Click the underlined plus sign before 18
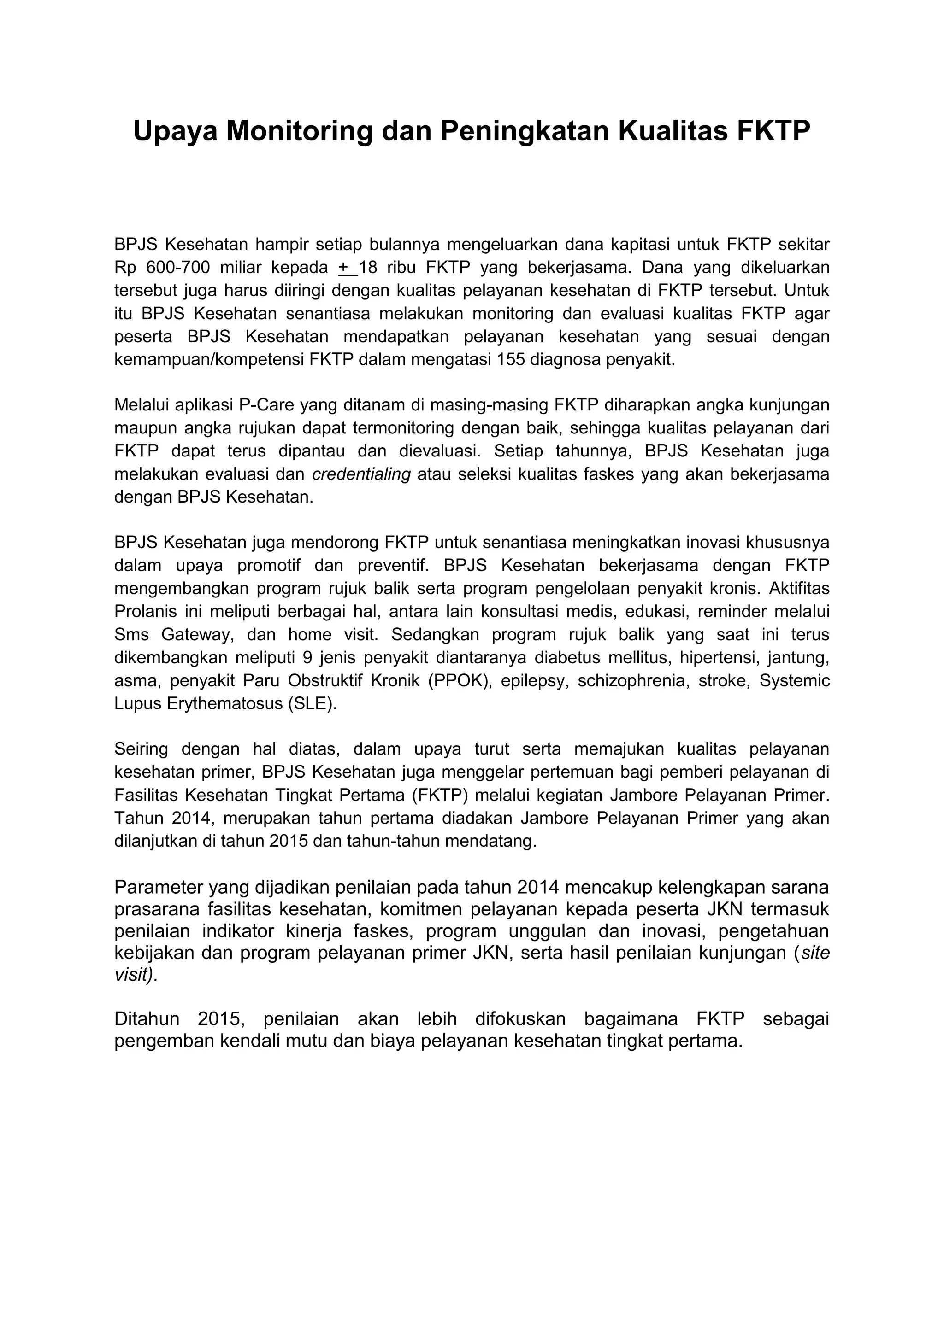pos(344,267)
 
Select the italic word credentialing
pos(361,475)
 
